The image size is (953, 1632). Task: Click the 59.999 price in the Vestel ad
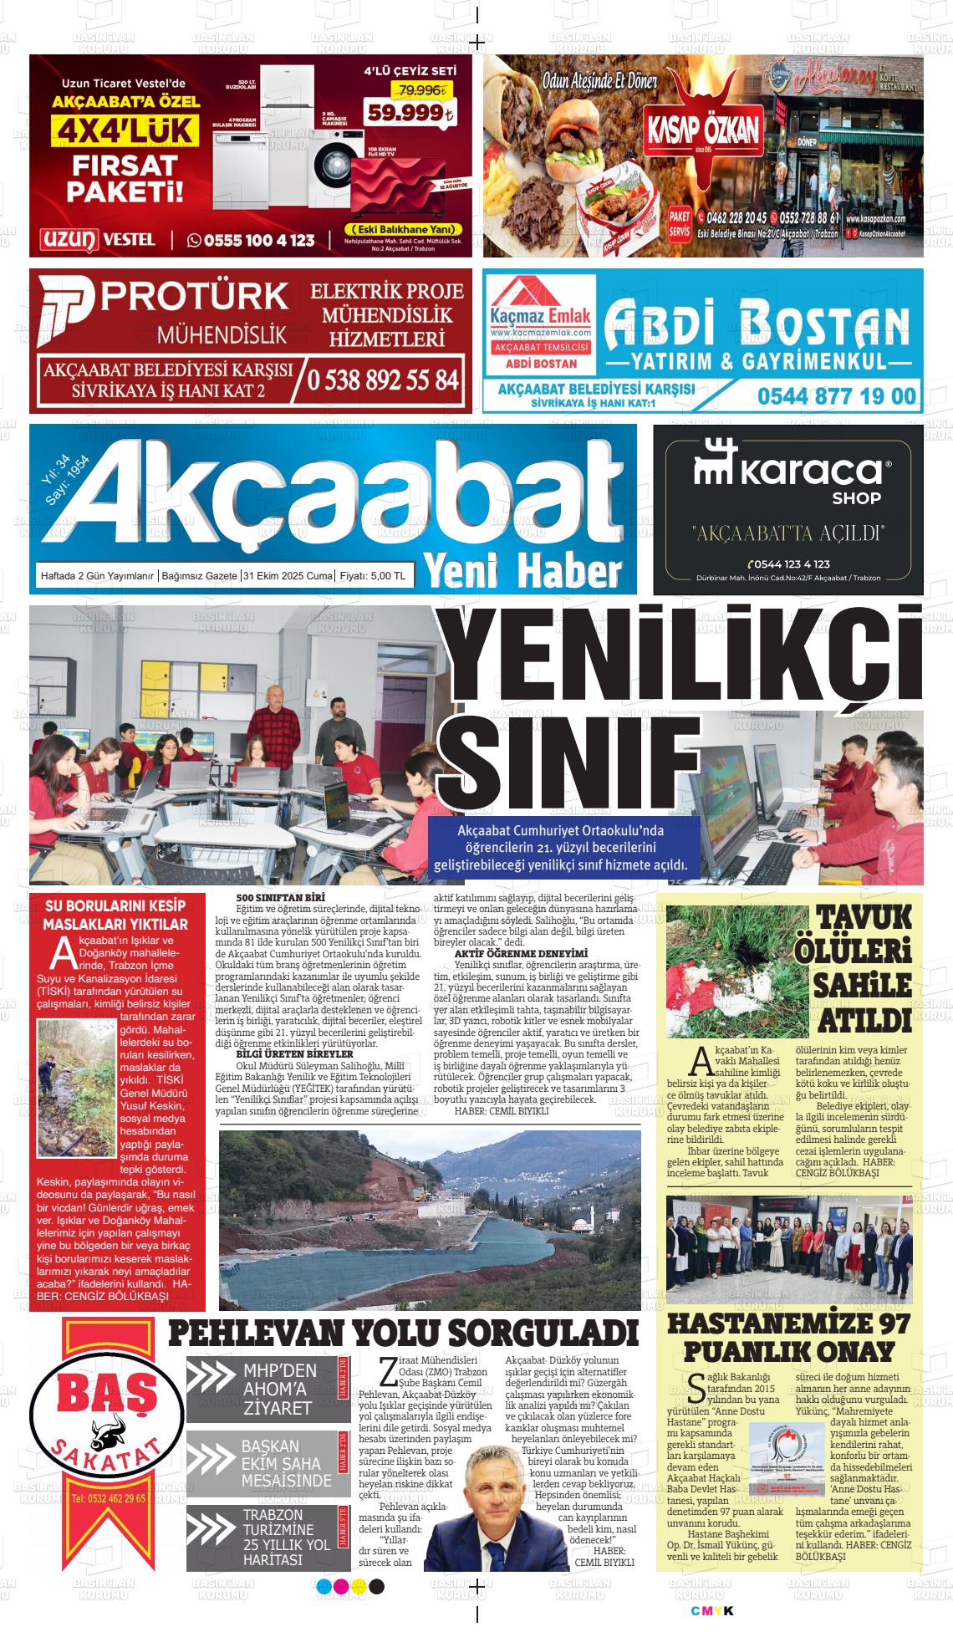pos(410,113)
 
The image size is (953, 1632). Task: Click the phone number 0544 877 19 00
pos(837,395)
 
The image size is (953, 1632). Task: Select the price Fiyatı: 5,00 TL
pos(373,576)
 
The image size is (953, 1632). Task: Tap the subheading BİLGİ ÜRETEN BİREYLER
pos(283,1054)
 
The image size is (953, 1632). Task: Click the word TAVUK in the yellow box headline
pos(864,917)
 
